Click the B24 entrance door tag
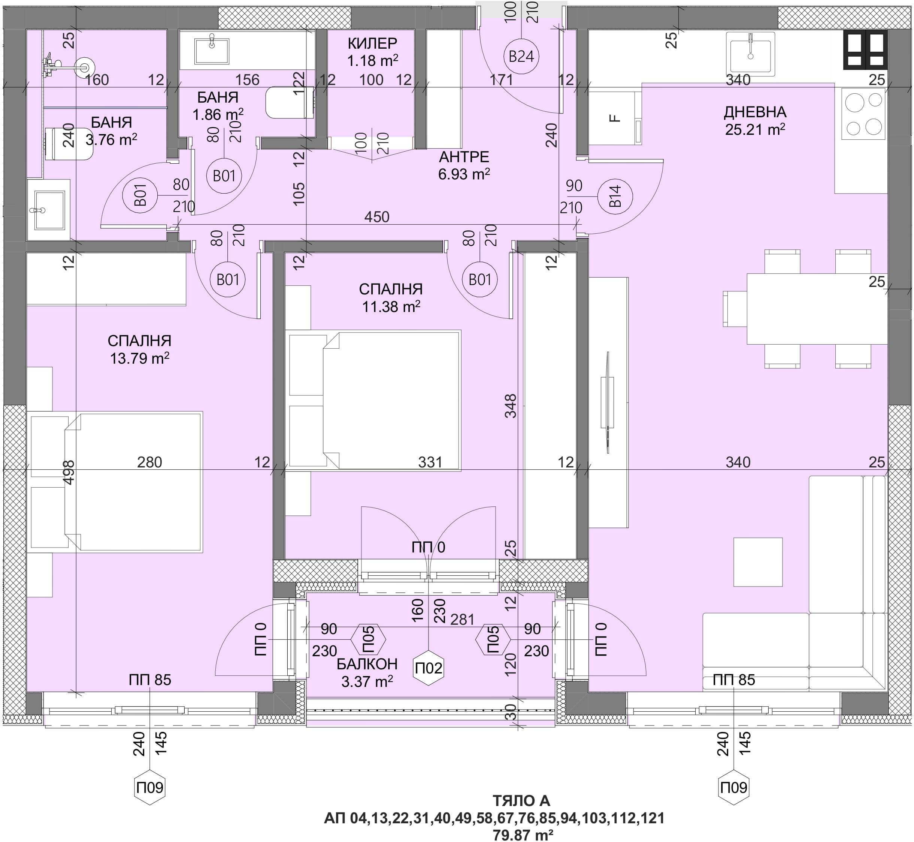[521, 57]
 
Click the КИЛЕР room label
[372, 43]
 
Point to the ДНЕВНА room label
[755, 112]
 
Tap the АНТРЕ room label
[464, 157]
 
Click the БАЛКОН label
[367, 664]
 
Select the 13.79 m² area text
[139, 358]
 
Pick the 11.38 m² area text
[391, 306]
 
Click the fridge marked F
[615, 118]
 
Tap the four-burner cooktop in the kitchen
[863, 114]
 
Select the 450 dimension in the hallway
[377, 216]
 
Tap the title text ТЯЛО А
[521, 800]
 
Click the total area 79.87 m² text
[523, 835]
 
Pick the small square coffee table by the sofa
[758, 562]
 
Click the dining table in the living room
[817, 309]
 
